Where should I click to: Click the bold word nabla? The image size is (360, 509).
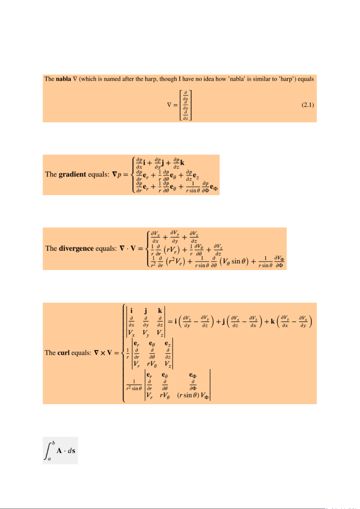(63, 79)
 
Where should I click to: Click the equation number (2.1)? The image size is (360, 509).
(308, 105)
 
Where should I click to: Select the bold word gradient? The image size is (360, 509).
(72, 174)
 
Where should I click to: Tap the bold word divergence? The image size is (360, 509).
(76, 248)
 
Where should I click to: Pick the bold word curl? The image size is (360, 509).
(64, 353)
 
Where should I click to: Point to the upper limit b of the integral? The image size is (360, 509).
(53, 443)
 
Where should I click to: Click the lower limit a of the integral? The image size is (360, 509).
(49, 459)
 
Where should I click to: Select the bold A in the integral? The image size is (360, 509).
(59, 451)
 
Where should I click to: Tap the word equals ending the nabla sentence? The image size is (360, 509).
(306, 79)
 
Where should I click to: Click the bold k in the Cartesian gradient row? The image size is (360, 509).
(182, 163)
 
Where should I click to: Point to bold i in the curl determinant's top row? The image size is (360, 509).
(131, 311)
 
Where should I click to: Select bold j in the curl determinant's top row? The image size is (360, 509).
(146, 311)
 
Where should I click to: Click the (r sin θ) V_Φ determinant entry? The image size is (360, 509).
(193, 395)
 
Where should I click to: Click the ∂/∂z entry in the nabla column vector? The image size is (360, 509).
(185, 116)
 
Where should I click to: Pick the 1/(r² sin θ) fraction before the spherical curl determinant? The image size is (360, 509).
(134, 385)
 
